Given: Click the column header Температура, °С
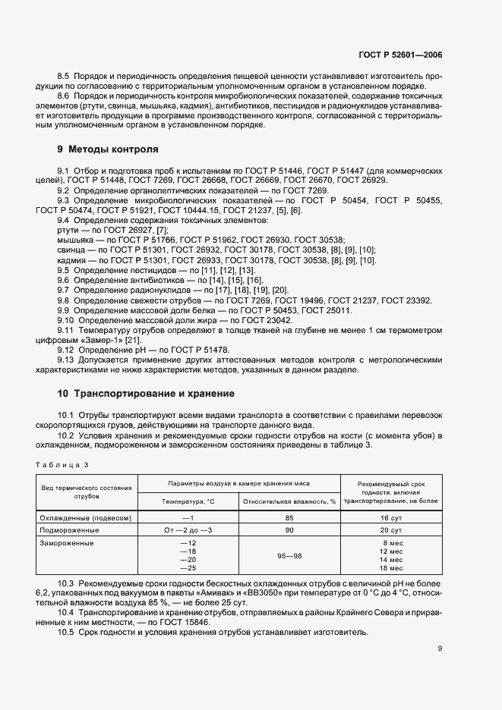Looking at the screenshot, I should click(188, 501).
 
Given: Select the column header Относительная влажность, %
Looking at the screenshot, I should click(289, 501).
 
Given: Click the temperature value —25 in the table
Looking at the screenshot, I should click(188, 568).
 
